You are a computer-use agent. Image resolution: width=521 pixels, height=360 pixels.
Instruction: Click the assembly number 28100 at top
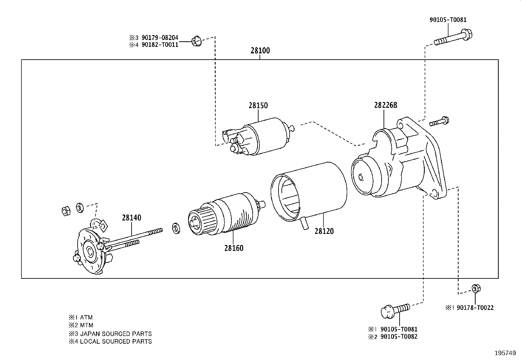pos(260,51)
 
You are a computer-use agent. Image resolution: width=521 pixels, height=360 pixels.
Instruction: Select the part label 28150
pos(258,105)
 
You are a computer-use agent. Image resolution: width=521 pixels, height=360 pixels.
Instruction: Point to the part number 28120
pos(324,231)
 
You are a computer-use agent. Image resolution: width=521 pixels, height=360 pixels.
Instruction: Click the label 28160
pos(234,248)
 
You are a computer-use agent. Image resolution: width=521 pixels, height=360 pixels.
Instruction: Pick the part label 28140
pos(132,218)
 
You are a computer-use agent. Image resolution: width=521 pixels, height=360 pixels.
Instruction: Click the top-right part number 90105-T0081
pos(448,20)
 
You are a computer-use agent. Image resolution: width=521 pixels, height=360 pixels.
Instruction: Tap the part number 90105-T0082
pos(399,337)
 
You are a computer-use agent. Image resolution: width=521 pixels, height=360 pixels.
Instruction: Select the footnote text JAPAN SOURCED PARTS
pos(116,334)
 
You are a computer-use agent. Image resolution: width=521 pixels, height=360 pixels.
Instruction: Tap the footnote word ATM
pos(86,317)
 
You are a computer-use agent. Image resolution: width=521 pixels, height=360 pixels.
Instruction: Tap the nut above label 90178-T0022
pos(476,289)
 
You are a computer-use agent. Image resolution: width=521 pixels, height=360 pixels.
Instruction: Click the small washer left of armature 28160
pos(176,228)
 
